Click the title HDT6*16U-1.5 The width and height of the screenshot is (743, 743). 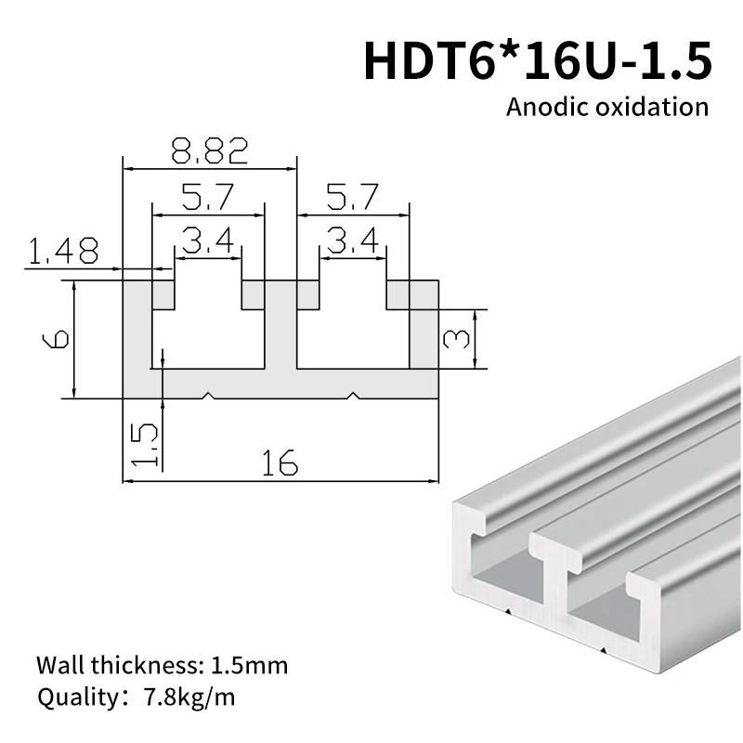point(537,60)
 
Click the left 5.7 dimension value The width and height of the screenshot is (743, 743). point(207,197)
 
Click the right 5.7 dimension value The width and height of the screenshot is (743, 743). point(353,197)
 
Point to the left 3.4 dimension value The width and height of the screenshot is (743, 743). point(207,242)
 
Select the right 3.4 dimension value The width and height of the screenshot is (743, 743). point(353,242)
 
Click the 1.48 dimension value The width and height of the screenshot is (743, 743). point(64,251)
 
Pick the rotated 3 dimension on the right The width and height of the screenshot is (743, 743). point(456,339)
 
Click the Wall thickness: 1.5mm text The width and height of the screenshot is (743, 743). point(162,666)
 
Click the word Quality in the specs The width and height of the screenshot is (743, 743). point(71,697)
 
